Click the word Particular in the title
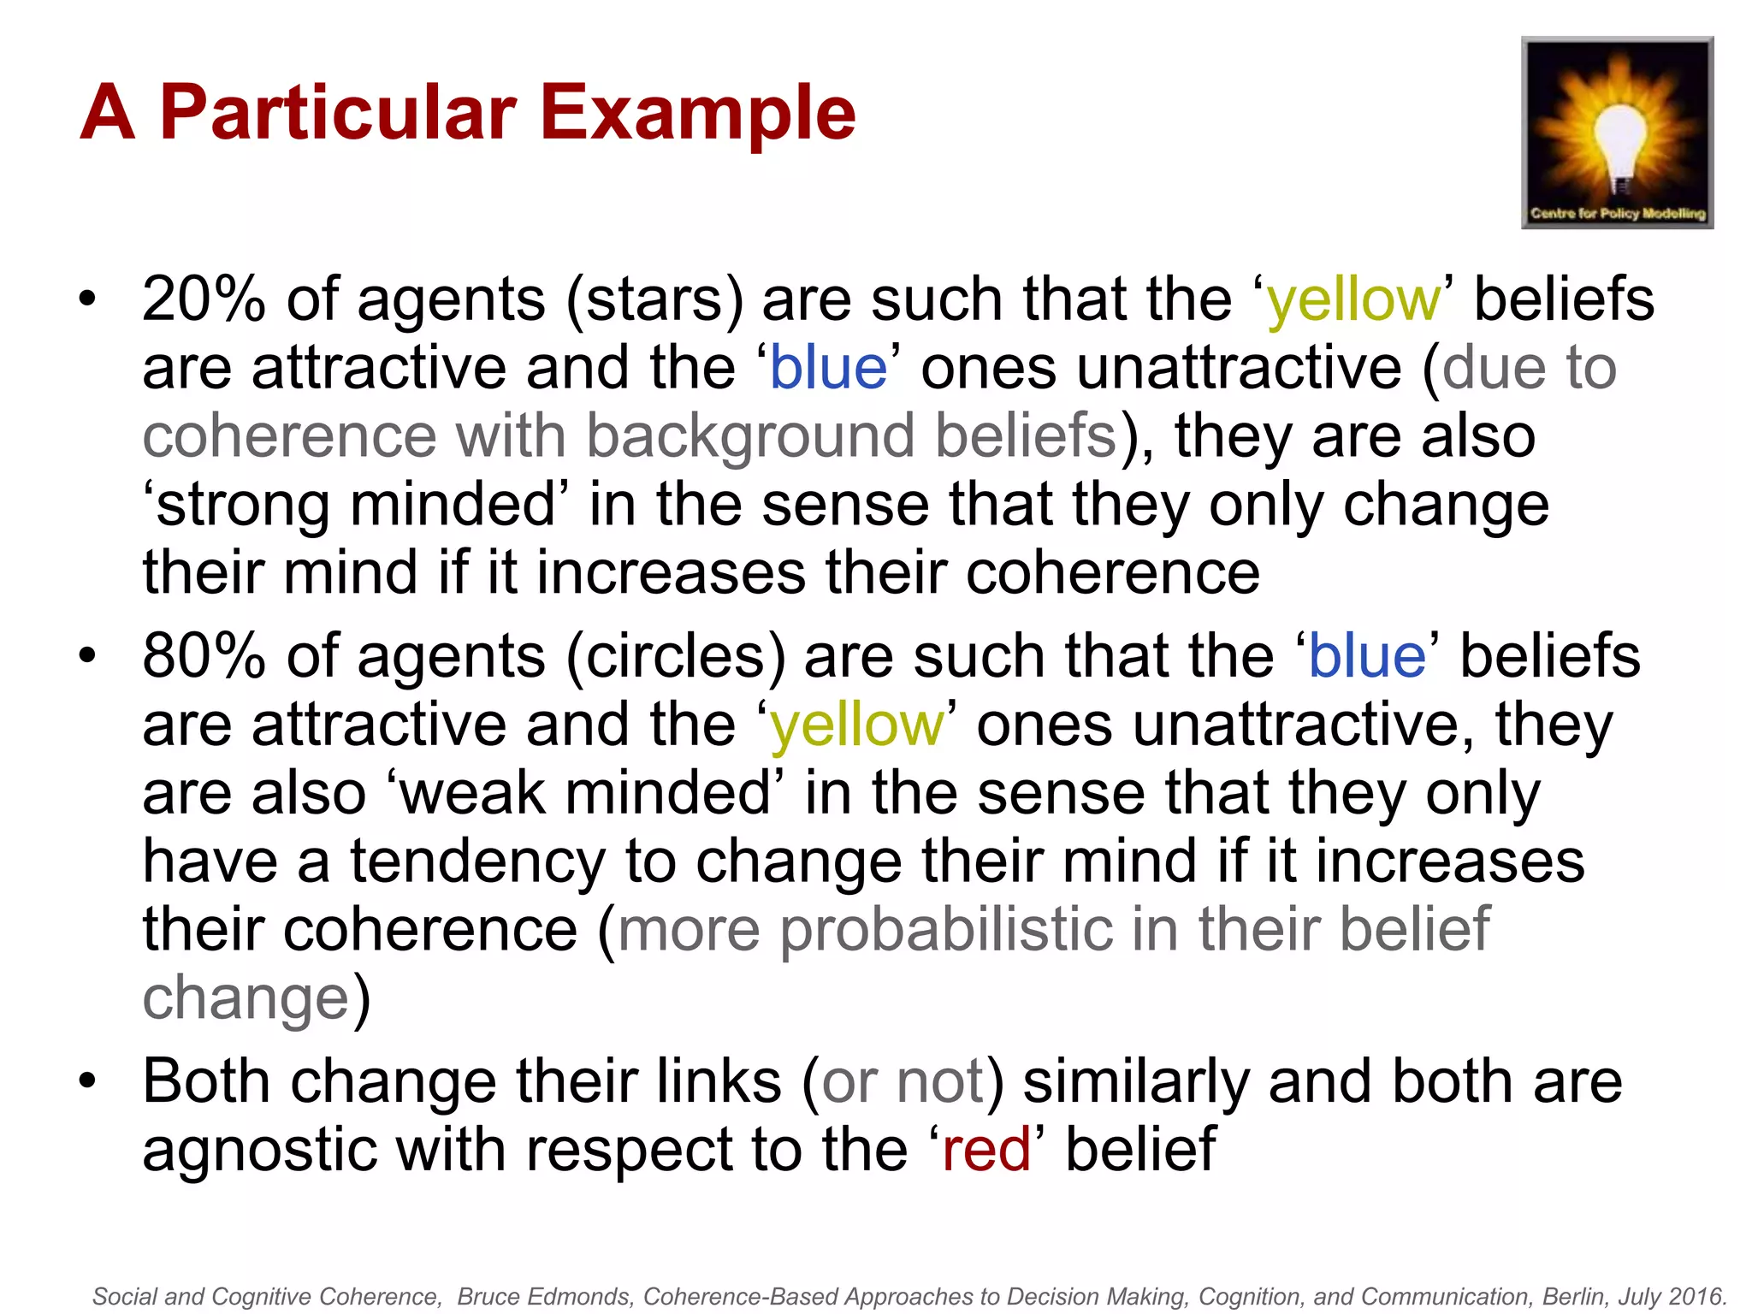click(338, 113)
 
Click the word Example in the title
click(697, 113)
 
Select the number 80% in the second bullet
click(204, 656)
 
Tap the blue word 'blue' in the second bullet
click(1367, 656)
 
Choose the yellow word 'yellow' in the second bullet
click(856, 725)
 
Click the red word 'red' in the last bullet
click(985, 1149)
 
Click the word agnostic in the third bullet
click(259, 1149)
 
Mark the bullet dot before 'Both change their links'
click(87, 1081)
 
